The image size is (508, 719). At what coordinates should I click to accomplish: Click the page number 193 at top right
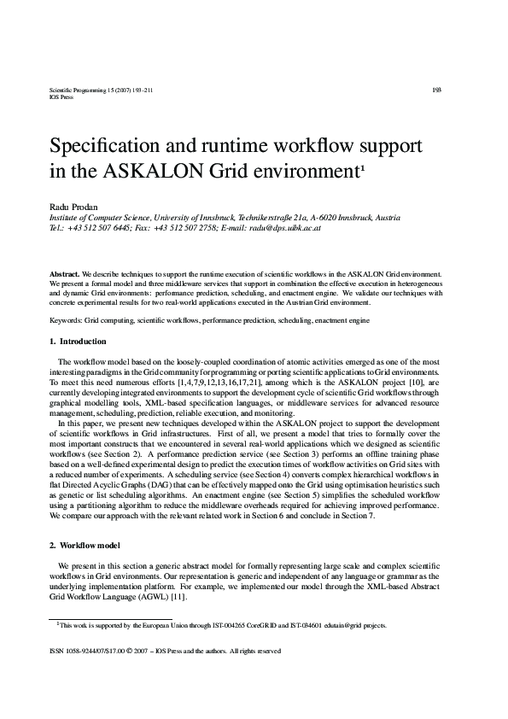click(x=435, y=89)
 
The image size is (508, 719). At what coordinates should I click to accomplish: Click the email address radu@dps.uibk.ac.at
click(x=284, y=229)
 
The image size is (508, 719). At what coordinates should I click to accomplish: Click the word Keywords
click(x=65, y=319)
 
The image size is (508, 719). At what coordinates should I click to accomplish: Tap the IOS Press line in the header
click(x=62, y=97)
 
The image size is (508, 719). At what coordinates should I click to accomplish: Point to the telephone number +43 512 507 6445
click(x=104, y=229)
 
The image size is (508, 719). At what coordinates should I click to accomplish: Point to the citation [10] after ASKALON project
click(x=394, y=384)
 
